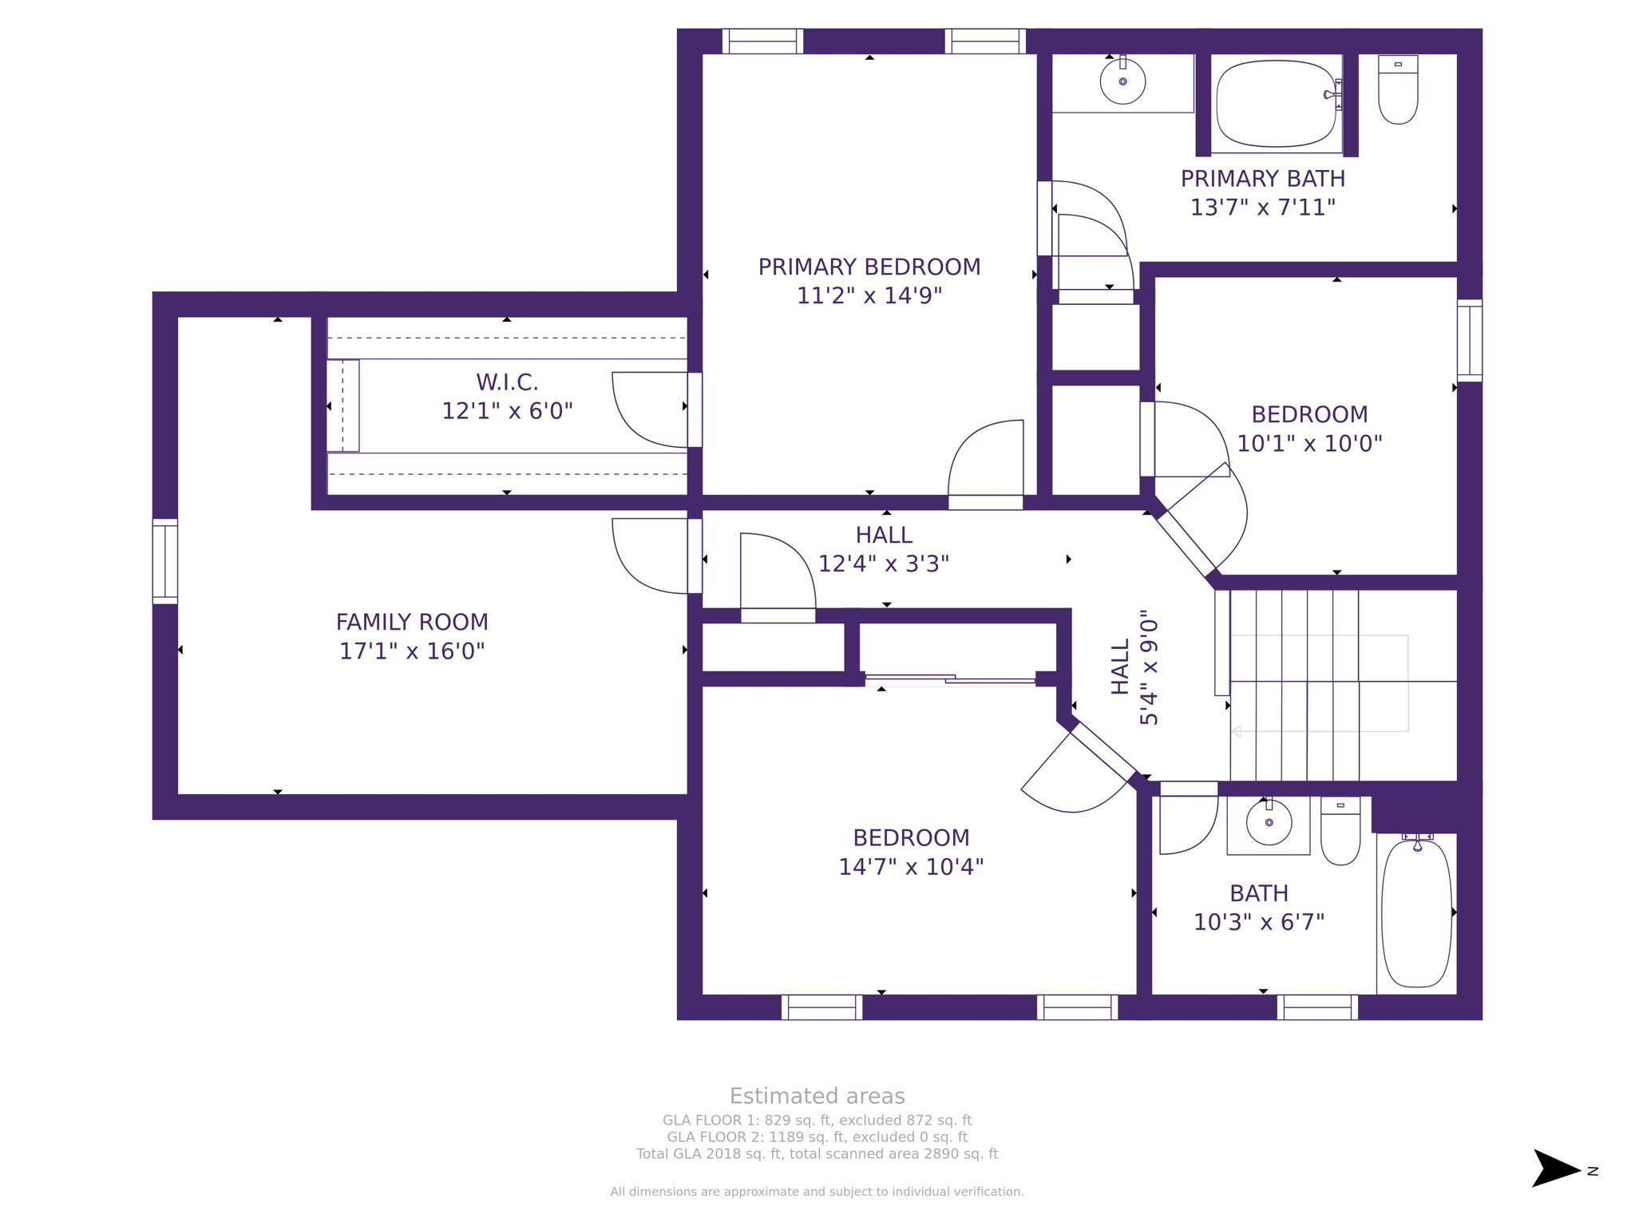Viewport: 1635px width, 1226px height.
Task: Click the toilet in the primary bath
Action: point(1398,91)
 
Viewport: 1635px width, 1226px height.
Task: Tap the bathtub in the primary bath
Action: point(1276,103)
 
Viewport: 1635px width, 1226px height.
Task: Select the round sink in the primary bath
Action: point(1122,81)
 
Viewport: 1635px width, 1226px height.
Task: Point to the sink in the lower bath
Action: point(1269,823)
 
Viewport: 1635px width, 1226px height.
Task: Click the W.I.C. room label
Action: point(507,382)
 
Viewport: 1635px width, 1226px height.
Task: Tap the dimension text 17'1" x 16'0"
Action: point(412,651)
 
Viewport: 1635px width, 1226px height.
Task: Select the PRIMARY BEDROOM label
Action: point(869,267)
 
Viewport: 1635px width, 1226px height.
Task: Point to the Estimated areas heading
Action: point(817,1096)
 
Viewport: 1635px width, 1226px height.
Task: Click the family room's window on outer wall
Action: point(165,561)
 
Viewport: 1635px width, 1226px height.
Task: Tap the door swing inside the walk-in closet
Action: point(648,409)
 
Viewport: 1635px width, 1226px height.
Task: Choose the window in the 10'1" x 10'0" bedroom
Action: point(1469,340)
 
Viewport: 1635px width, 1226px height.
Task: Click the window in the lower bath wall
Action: point(1317,1007)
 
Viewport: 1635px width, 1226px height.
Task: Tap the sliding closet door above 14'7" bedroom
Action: point(950,679)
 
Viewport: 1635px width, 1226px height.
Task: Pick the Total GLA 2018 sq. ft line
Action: point(817,1153)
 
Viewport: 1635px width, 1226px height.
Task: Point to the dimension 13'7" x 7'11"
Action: point(1262,208)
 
